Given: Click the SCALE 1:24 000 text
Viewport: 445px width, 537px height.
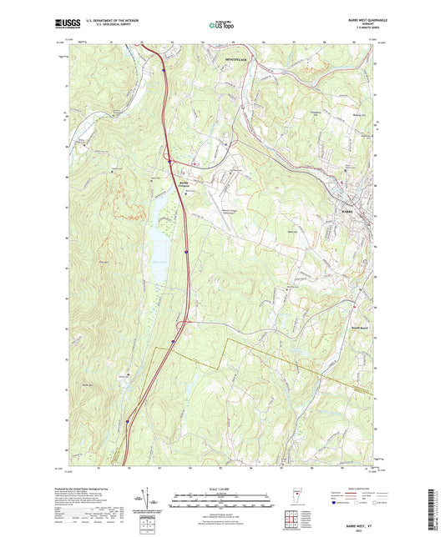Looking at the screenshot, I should click(x=221, y=489).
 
